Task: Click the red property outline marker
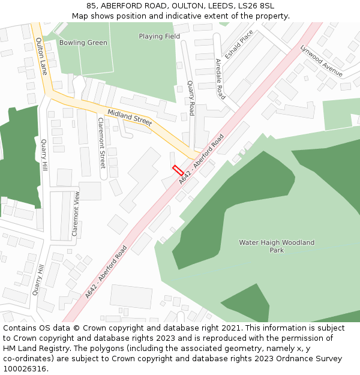click(x=178, y=170)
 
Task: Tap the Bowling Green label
click(x=83, y=43)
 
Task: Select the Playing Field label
click(x=159, y=36)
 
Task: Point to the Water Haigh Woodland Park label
click(x=277, y=246)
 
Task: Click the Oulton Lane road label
click(x=41, y=56)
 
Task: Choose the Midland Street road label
click(x=130, y=118)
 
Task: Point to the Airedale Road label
click(x=220, y=79)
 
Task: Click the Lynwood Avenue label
click(x=321, y=61)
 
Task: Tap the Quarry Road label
click(x=191, y=98)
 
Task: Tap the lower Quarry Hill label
click(x=38, y=279)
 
